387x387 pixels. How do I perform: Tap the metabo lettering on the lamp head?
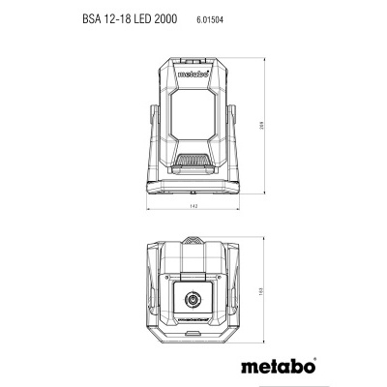coord(193,70)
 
